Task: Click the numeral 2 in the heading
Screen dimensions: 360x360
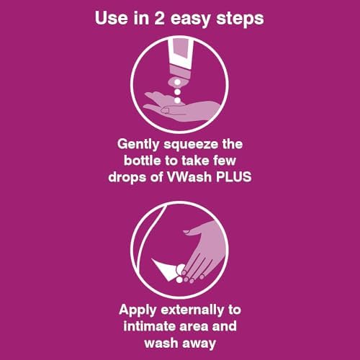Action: [159, 18]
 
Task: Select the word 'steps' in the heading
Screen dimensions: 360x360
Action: [240, 19]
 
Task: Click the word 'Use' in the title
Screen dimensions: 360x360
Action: [112, 18]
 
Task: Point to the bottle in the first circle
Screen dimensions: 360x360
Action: [181, 63]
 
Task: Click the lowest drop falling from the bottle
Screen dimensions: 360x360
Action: [177, 100]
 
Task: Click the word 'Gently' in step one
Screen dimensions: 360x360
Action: [138, 145]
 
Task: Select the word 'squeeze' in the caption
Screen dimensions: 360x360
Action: [191, 145]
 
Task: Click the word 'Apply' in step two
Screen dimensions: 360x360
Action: [138, 310]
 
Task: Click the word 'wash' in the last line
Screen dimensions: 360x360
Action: [161, 343]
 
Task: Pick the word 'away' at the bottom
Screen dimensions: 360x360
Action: [199, 343]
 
